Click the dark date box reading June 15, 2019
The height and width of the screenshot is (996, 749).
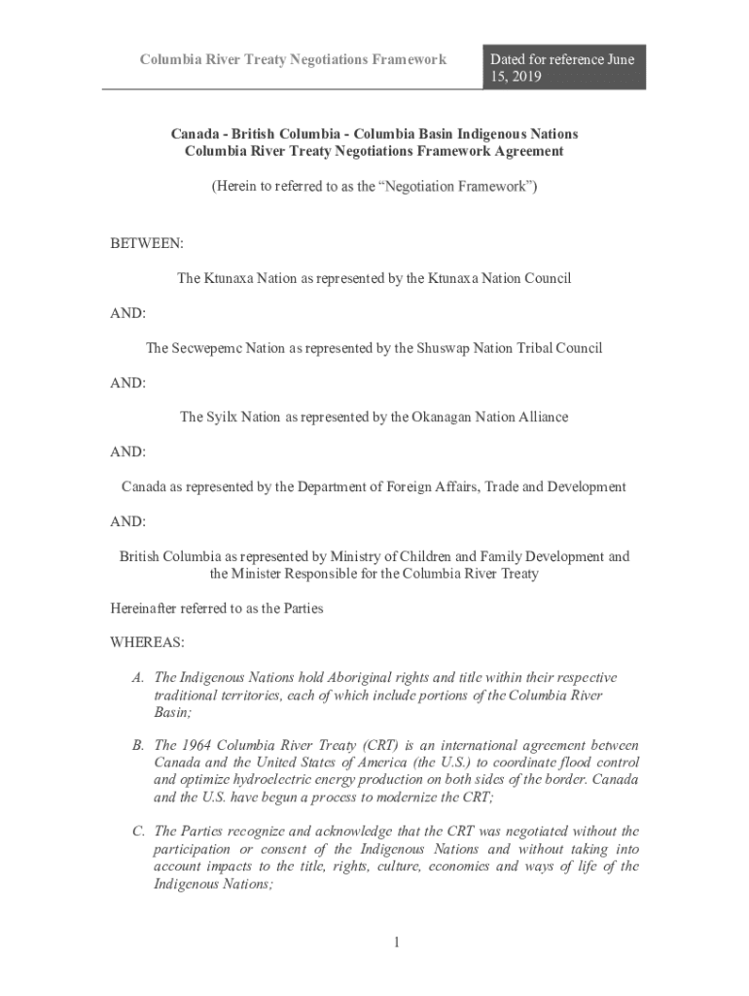(x=563, y=67)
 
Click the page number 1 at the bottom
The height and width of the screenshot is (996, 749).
(x=398, y=942)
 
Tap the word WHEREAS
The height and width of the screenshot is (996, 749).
(x=147, y=643)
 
